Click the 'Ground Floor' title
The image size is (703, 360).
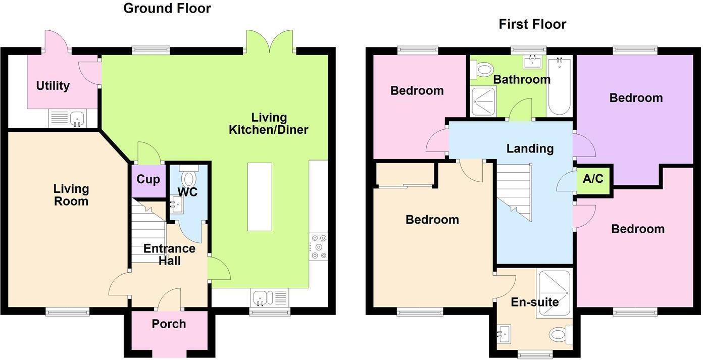pos(167,9)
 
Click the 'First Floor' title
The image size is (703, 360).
pos(532,24)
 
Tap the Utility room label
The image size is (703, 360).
pos(53,86)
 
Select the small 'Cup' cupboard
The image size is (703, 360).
pos(148,180)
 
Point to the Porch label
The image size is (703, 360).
pos(169,324)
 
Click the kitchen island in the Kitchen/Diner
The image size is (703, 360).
pos(260,197)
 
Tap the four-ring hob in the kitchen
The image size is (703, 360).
pos(319,246)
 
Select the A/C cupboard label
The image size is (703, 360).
pos(593,179)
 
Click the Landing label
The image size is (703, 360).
pos(530,149)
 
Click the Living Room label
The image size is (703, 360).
pos(71,195)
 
